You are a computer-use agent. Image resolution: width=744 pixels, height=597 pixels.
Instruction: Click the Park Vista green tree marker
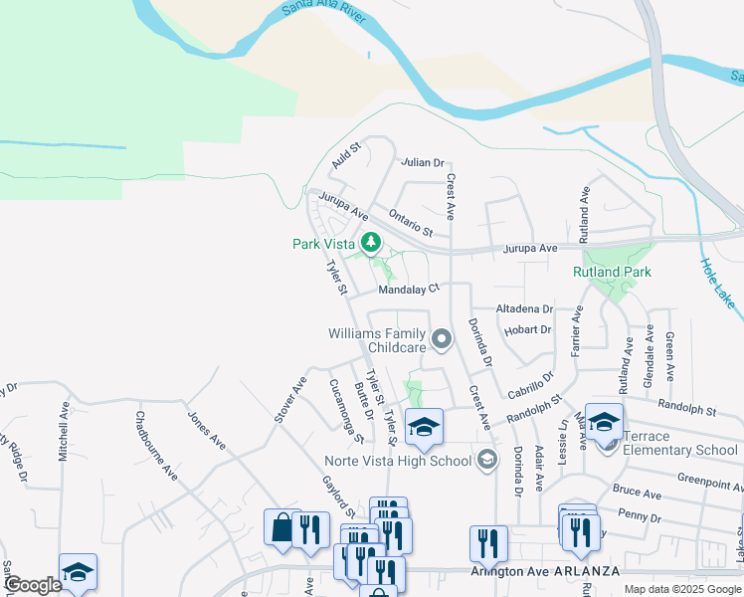tap(371, 243)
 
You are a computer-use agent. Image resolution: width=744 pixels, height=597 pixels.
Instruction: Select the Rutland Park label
tap(611, 272)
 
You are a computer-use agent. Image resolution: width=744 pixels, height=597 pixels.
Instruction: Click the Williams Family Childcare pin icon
tap(443, 341)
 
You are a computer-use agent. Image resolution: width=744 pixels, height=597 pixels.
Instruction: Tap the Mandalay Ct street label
tap(408, 290)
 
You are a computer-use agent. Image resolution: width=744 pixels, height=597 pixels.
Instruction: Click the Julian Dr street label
tap(422, 162)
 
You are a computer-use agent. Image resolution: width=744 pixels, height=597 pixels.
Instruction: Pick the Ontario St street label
tap(411, 221)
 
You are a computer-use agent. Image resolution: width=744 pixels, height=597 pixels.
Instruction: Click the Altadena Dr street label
tap(524, 310)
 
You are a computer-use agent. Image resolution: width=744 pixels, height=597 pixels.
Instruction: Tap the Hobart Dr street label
tap(528, 329)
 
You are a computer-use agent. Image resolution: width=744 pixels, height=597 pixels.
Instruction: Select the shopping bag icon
tap(281, 527)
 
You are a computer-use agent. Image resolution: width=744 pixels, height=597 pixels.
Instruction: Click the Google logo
tap(32, 585)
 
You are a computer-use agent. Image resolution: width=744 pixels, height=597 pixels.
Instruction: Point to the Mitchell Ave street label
tap(64, 436)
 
